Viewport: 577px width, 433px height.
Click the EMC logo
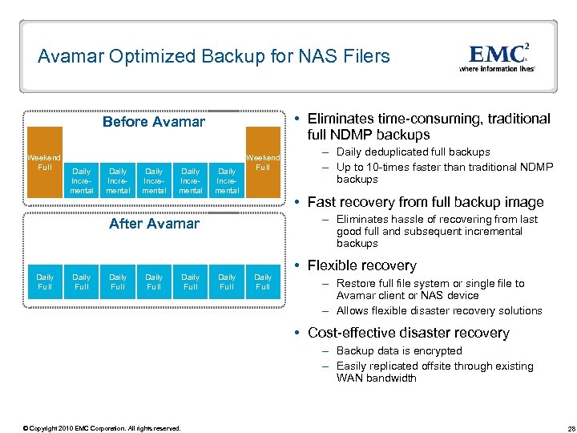tap(498, 54)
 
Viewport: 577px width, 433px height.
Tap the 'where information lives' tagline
tap(497, 69)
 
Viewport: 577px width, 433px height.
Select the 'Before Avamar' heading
tap(154, 122)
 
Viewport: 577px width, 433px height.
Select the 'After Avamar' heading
tap(154, 223)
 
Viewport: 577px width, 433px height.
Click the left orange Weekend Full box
tap(45, 162)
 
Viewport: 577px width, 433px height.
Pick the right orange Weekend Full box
tap(263, 162)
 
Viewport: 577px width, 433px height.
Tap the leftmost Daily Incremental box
tap(82, 180)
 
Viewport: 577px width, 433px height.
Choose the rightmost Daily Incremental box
tap(227, 180)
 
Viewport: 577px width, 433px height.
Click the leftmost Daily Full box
tap(45, 281)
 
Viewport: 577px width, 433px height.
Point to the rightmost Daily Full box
tap(263, 281)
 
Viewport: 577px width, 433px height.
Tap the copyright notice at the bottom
tap(102, 427)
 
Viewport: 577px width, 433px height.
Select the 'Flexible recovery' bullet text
tap(362, 265)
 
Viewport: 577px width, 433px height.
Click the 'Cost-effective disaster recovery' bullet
tap(409, 333)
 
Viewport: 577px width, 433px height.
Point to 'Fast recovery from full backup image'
tap(426, 202)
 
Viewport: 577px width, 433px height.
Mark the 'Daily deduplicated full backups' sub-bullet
tap(413, 152)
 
